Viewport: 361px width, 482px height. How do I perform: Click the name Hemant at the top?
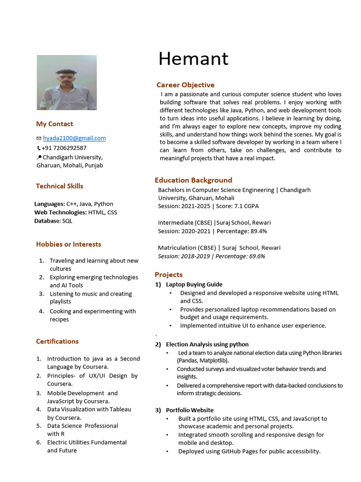pyautogui.click(x=193, y=59)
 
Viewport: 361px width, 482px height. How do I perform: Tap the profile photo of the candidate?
pyautogui.click(x=67, y=82)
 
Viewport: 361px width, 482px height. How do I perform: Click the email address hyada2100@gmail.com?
pyautogui.click(x=74, y=138)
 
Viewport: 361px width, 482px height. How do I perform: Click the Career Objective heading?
pyautogui.click(x=185, y=85)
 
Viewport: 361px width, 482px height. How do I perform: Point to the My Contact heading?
pyautogui.click(x=55, y=124)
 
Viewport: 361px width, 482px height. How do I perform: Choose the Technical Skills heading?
pyautogui.click(x=60, y=186)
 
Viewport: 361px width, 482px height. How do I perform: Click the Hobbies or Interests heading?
pyautogui.click(x=69, y=244)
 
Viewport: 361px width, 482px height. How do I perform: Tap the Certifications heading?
pyautogui.click(x=57, y=342)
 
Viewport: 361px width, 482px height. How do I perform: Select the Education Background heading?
pyautogui.click(x=193, y=180)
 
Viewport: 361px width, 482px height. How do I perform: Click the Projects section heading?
pyautogui.click(x=168, y=275)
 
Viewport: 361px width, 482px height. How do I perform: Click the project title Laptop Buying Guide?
pyautogui.click(x=194, y=285)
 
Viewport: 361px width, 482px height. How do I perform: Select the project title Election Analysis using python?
pyautogui.click(x=207, y=345)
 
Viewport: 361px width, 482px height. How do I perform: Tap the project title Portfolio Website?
pyautogui.click(x=189, y=410)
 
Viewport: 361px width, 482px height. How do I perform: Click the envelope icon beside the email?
pyautogui.click(x=39, y=138)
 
